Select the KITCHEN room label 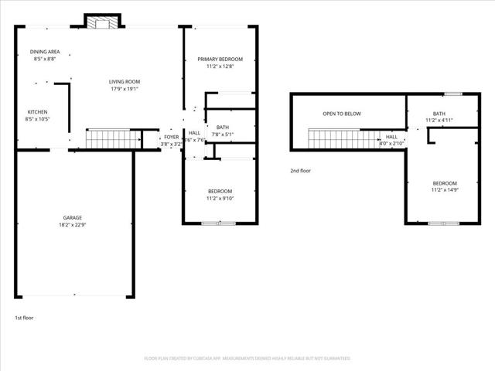pyautogui.click(x=37, y=112)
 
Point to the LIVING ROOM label pyautogui.click(x=123, y=81)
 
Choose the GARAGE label pyautogui.click(x=73, y=217)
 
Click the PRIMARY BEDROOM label pyautogui.click(x=220, y=60)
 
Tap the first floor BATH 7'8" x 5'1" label pyautogui.click(x=222, y=128)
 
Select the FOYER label pyautogui.click(x=171, y=137)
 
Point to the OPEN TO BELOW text pyautogui.click(x=342, y=114)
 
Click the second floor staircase pyautogui.click(x=336, y=138)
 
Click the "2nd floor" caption pyautogui.click(x=300, y=171)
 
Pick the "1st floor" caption pyautogui.click(x=24, y=318)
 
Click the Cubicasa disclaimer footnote pyautogui.click(x=247, y=359)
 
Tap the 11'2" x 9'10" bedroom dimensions pyautogui.click(x=220, y=199)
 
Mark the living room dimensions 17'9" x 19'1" pyautogui.click(x=123, y=89)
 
